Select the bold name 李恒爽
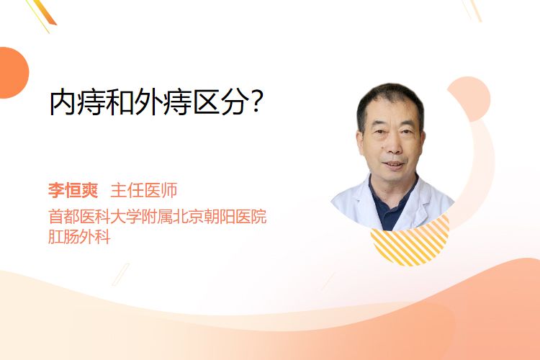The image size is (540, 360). (x=73, y=190)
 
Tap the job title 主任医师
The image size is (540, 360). (x=144, y=190)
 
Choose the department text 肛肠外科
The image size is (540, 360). (x=79, y=237)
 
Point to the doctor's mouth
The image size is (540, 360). (x=393, y=164)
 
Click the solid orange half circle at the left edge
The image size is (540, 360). (x=12, y=73)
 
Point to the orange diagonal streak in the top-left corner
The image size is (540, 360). (x=44, y=12)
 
